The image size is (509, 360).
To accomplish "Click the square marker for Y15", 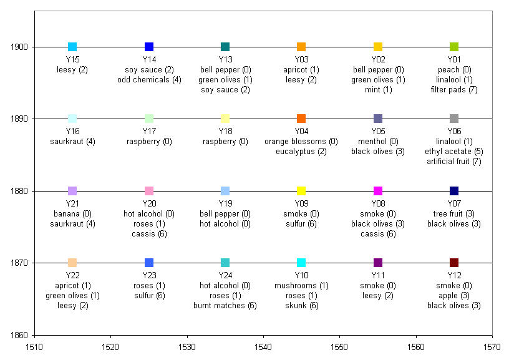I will pyautogui.click(x=72, y=47).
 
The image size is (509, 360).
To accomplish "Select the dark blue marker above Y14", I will pyautogui.click(x=149, y=47).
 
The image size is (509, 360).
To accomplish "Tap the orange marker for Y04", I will pyautogui.click(x=301, y=119).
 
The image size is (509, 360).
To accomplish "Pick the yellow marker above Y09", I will pyautogui.click(x=301, y=191).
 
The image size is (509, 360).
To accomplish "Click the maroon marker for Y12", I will pyautogui.click(x=454, y=263).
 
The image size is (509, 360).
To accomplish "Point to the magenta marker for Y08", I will pyautogui.click(x=378, y=191).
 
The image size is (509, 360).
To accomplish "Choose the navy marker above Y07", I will pyautogui.click(x=454, y=191).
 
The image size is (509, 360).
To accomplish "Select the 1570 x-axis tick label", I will pyautogui.click(x=492, y=345).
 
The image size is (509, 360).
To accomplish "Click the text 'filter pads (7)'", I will pyautogui.click(x=454, y=90).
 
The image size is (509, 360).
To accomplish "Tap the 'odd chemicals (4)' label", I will pyautogui.click(x=149, y=80).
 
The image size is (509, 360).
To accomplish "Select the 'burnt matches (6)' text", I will pyautogui.click(x=225, y=306).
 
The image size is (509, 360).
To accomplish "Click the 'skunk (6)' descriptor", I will pyautogui.click(x=301, y=306).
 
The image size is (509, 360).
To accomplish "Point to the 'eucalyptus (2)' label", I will pyautogui.click(x=301, y=152).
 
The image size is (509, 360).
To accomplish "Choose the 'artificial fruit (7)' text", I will pyautogui.click(x=454, y=162).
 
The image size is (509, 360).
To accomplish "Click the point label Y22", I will pyautogui.click(x=72, y=275).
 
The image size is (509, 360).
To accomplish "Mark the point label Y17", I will pyautogui.click(x=149, y=131).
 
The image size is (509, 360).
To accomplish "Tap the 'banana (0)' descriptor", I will pyautogui.click(x=72, y=213).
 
